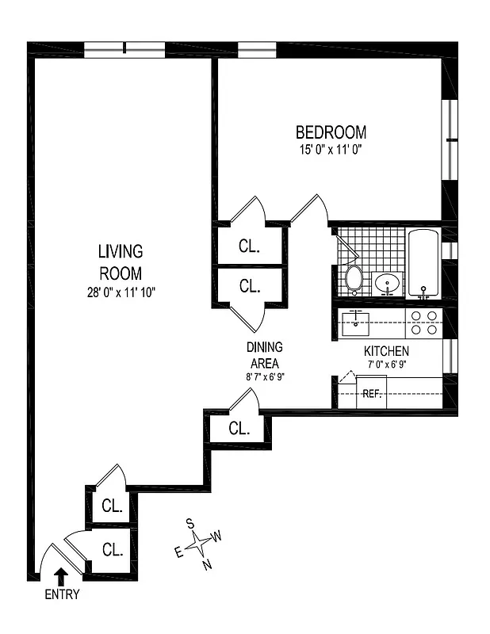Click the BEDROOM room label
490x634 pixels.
pos(331,132)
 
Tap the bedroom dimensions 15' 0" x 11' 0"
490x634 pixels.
pos(331,149)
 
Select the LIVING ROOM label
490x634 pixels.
pos(121,262)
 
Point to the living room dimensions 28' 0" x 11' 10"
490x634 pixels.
pos(121,292)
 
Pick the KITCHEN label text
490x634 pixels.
pos(386,351)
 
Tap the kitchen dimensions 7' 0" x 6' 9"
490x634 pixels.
pos(386,365)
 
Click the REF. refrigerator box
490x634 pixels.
pos(372,393)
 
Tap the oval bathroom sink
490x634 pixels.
pos(387,283)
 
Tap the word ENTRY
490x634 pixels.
pos(61,595)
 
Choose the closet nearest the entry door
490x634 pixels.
pos(112,548)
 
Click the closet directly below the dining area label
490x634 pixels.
pos(239,429)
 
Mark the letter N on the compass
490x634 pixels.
pos(207,564)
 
